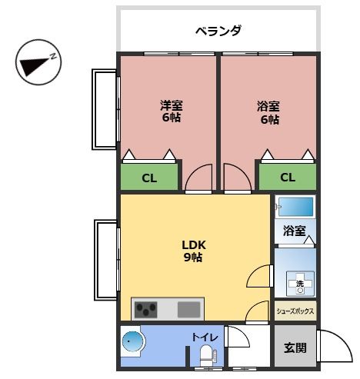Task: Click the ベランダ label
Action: pos(218,32)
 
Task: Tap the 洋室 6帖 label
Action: pos(172,112)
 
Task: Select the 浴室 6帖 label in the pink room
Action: pos(268,112)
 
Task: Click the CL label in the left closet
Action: pos(149,178)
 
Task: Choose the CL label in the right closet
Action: pos(287,178)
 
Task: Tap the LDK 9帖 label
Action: pos(192,251)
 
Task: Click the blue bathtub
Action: pos(295,208)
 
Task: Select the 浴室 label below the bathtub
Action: pos(294,231)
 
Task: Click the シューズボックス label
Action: pos(295,311)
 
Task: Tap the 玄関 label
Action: pos(295,347)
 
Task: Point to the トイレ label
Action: pos(205,337)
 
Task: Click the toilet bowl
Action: pos(206,355)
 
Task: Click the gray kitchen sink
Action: pos(190,310)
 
